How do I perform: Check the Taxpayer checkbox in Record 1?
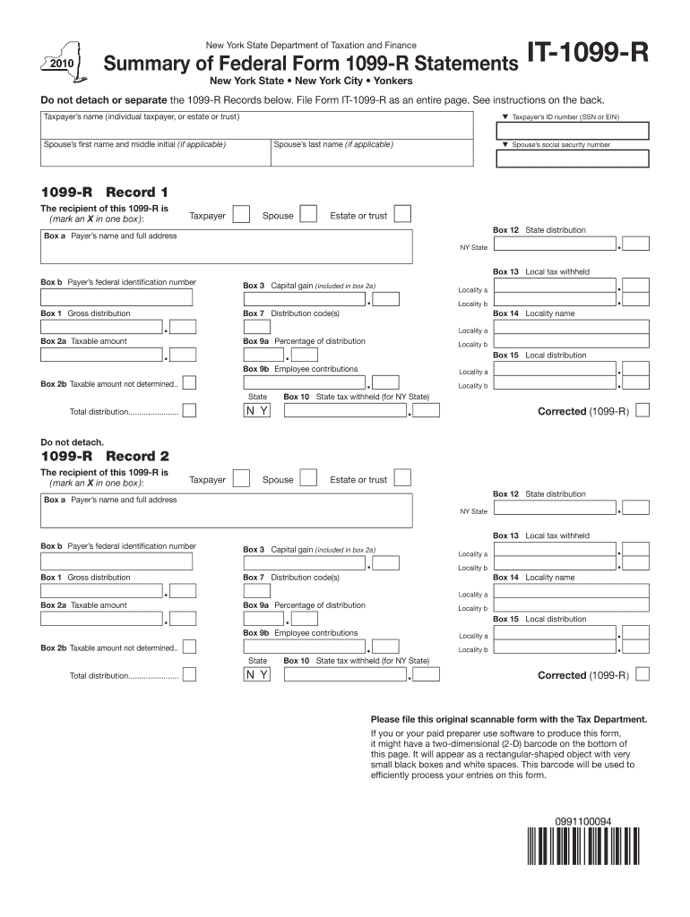pos(241,214)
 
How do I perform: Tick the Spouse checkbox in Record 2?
pos(308,478)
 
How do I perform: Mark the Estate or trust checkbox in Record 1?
pos(403,214)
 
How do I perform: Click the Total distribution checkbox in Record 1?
pos(190,411)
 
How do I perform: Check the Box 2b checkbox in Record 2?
pos(190,647)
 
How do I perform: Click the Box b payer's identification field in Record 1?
pos(116,298)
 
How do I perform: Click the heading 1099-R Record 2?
pos(105,457)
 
